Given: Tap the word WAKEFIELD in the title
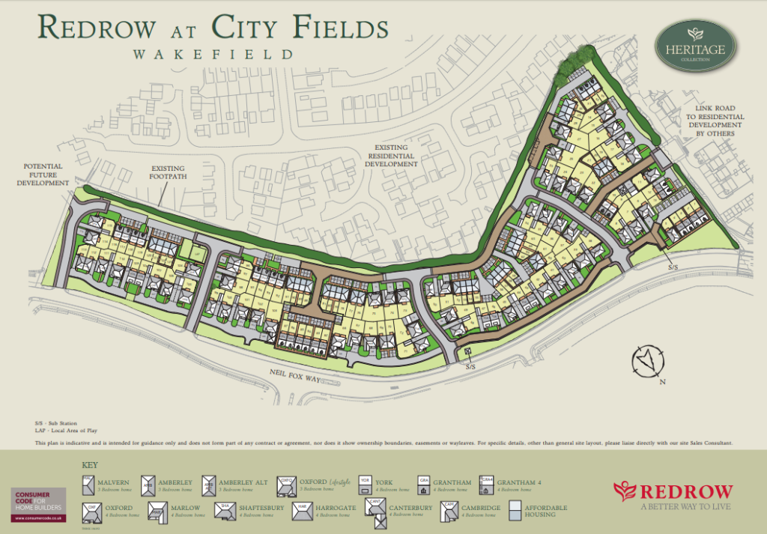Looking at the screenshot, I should [213, 55].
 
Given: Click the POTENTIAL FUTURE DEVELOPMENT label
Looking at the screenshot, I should [43, 175].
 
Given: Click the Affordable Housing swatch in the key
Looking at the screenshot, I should [516, 510].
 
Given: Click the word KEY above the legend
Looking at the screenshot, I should [89, 464].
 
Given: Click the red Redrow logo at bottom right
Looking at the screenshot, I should [672, 495].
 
